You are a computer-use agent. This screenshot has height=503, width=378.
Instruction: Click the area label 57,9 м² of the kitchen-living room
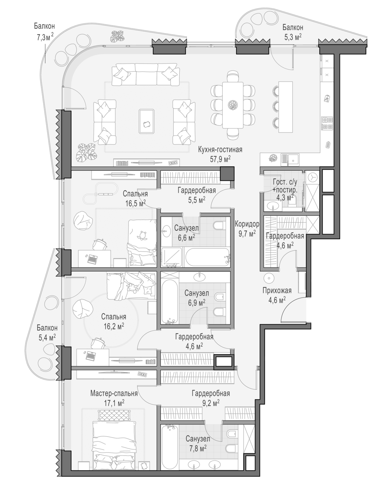click(x=220, y=159)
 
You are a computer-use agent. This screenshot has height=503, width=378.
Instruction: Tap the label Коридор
click(x=247, y=224)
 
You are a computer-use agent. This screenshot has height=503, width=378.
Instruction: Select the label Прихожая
click(x=277, y=291)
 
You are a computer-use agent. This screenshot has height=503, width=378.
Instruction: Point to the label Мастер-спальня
click(x=114, y=393)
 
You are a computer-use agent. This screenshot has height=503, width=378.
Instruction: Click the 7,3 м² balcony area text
click(x=45, y=37)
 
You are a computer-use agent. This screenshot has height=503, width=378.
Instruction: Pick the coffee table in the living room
click(x=146, y=121)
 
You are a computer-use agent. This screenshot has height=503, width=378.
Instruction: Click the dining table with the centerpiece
click(x=233, y=105)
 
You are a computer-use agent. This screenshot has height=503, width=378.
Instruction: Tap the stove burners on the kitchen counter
click(x=327, y=123)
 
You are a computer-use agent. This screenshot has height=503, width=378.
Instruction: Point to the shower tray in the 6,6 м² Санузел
click(x=172, y=257)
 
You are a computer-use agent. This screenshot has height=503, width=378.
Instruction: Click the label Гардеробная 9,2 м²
click(x=211, y=398)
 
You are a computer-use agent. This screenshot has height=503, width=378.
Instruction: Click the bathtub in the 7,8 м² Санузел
click(x=169, y=448)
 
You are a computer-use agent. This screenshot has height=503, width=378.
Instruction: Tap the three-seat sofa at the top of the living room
click(x=146, y=74)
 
